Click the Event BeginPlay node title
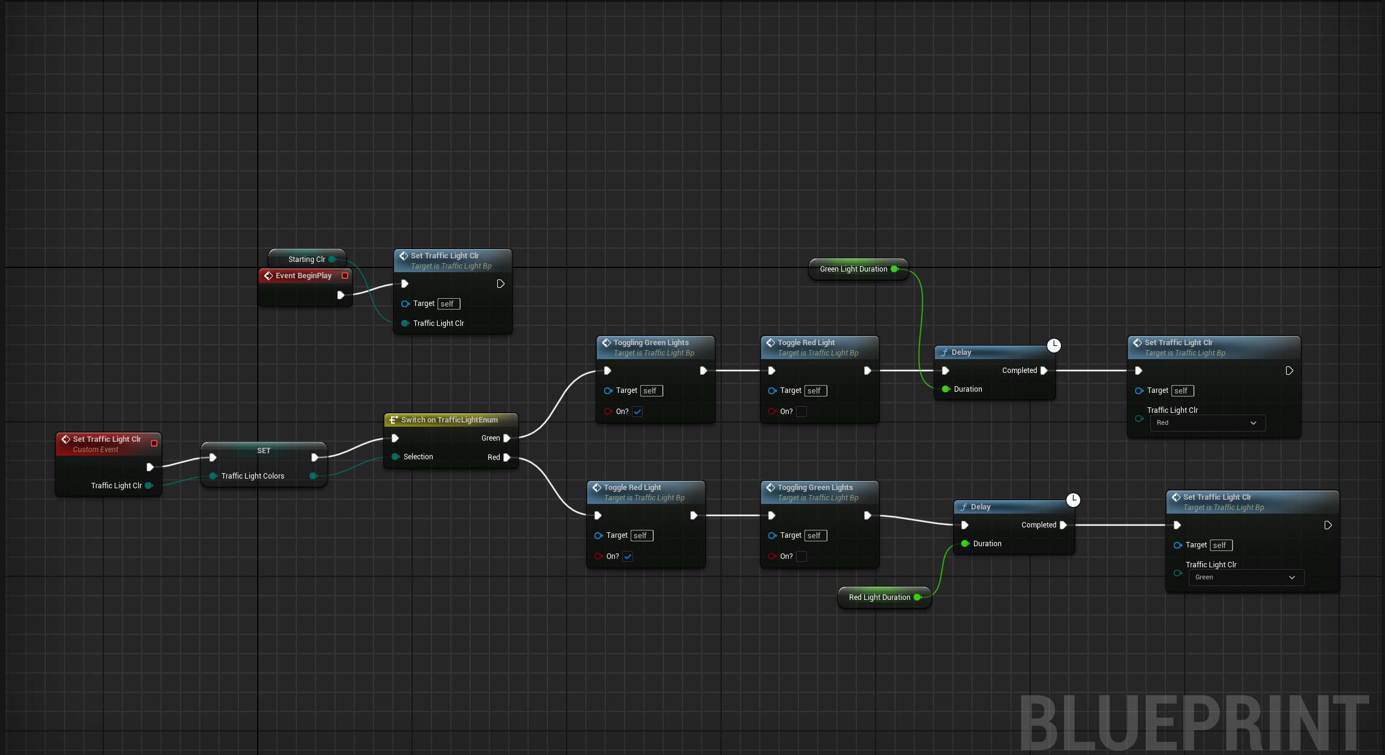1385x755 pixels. click(x=304, y=276)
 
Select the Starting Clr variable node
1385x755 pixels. click(x=307, y=260)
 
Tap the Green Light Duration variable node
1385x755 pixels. click(x=853, y=269)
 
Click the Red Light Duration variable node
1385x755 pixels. click(x=879, y=597)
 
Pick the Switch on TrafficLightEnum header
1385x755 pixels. click(x=449, y=420)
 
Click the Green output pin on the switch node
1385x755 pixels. click(x=507, y=438)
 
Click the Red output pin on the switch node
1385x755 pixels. click(x=507, y=457)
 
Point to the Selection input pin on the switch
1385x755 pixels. click(x=395, y=457)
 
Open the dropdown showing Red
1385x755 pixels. click(x=1207, y=423)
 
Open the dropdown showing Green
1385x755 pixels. click(x=1246, y=578)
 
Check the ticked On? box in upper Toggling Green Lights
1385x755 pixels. click(x=638, y=412)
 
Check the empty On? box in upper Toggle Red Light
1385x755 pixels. click(x=801, y=412)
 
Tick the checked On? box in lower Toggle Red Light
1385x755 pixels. click(x=628, y=556)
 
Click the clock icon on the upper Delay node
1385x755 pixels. click(x=1054, y=345)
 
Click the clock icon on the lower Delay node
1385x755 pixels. click(x=1073, y=500)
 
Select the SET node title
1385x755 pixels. click(x=264, y=451)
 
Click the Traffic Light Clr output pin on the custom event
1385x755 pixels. click(x=148, y=486)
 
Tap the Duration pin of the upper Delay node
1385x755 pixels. click(x=946, y=389)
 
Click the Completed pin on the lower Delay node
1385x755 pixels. click(x=1063, y=525)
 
